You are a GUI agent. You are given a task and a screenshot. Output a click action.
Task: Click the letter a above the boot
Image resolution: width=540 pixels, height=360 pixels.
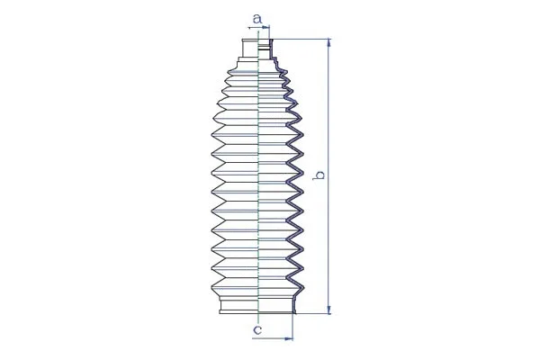click(x=256, y=17)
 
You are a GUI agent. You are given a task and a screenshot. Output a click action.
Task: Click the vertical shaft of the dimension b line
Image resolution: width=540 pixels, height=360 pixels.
click(x=329, y=225)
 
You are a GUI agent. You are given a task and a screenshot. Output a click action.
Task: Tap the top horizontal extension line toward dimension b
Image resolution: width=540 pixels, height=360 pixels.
click(x=301, y=39)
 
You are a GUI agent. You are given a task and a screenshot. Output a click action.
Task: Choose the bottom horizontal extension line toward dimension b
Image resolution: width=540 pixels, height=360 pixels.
click(x=310, y=314)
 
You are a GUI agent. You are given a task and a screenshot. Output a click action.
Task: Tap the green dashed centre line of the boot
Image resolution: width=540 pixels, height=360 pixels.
click(x=258, y=180)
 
